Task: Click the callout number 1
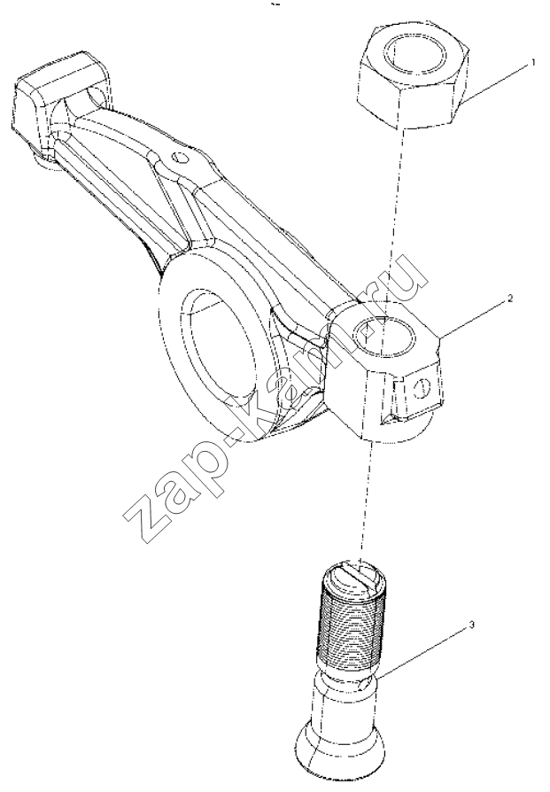(531, 64)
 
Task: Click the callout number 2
(510, 299)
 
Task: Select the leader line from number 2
(476, 319)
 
